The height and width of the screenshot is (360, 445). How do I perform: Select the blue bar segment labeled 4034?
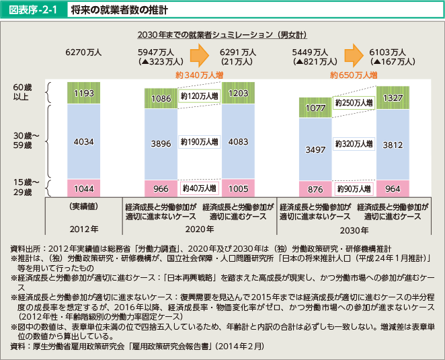[85, 142]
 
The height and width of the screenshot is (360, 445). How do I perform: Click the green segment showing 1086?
[162, 98]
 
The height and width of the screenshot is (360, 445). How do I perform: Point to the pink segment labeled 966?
[162, 189]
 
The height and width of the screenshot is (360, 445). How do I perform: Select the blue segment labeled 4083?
[239, 143]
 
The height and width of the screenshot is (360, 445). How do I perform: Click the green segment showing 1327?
[393, 98]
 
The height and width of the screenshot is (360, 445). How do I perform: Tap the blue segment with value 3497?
[315, 148]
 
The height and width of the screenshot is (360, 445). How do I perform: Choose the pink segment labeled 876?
[315, 190]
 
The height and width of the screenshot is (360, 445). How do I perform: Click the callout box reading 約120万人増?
[200, 98]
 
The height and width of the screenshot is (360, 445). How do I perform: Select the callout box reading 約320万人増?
[354, 144]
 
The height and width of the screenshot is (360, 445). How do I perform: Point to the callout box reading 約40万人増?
[200, 189]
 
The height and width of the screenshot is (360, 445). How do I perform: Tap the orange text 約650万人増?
[353, 75]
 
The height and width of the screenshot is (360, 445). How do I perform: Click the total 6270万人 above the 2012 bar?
[83, 52]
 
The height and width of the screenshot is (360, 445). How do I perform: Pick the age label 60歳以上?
[22, 92]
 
